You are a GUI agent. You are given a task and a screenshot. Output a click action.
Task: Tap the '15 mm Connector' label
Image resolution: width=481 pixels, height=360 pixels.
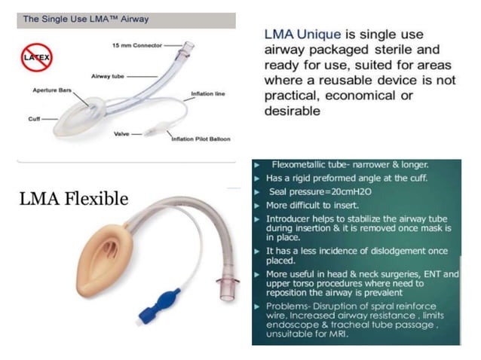point(133,47)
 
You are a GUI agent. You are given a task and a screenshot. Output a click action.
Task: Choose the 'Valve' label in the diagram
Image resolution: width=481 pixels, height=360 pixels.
point(121,133)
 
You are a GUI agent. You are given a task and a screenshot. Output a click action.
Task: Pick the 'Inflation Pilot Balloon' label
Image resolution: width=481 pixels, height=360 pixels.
point(201,139)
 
